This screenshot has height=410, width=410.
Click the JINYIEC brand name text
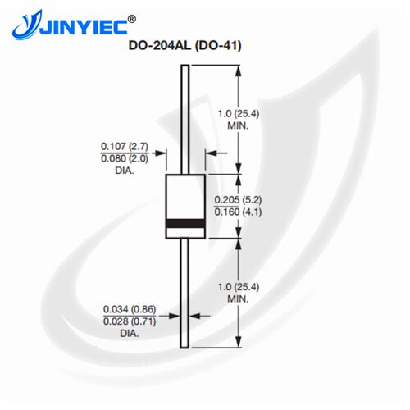click(x=84, y=26)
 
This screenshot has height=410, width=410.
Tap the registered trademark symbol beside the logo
click(x=132, y=19)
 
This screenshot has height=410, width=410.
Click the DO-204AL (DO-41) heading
click(x=185, y=45)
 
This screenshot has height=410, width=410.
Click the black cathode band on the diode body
click(x=185, y=224)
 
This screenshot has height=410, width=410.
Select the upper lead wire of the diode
click(x=185, y=120)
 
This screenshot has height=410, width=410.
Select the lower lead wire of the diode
click(x=184, y=294)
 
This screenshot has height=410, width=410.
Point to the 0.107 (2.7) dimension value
click(x=125, y=146)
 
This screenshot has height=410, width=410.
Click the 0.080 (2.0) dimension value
click(x=125, y=158)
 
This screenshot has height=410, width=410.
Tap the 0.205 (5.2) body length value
click(x=238, y=200)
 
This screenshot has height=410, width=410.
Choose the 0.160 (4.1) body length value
click(x=238, y=212)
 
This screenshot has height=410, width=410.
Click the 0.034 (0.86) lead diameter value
click(x=130, y=309)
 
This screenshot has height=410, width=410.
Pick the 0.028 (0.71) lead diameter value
click(x=130, y=321)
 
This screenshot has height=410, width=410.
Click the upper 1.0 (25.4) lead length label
click(x=239, y=113)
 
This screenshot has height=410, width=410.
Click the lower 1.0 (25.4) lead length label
click(x=239, y=287)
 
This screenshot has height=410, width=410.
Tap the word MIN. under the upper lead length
click(x=238, y=126)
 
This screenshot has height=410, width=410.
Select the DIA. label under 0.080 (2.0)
click(x=125, y=171)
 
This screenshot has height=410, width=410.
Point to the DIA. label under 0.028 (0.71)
click(x=130, y=334)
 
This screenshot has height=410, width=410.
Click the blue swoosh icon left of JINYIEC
click(x=26, y=26)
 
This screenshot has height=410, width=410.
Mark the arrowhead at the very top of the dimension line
click(x=239, y=71)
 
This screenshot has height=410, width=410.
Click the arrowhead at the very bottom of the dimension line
click(x=239, y=342)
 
